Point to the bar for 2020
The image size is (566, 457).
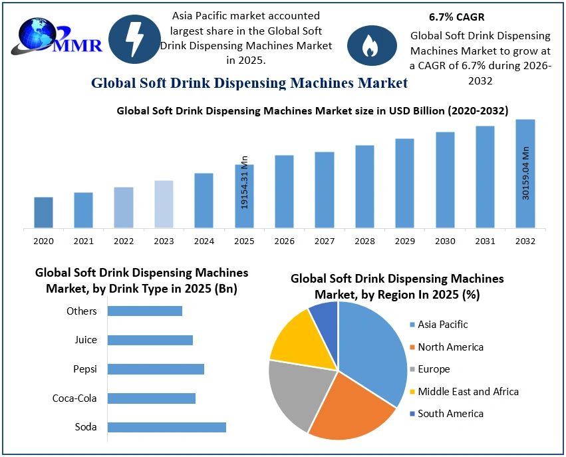[x=43, y=213]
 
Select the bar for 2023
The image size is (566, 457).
[x=164, y=204]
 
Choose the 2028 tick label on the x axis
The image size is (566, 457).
[x=364, y=240]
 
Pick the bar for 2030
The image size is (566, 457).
[x=445, y=180]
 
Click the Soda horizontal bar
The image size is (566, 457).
[x=167, y=427]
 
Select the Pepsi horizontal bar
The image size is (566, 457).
[x=156, y=369]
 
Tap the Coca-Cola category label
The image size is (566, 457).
[x=74, y=398]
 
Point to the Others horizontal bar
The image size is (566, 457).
[x=145, y=311]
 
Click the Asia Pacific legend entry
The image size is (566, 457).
[x=442, y=325]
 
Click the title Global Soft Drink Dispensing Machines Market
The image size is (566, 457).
[x=249, y=83]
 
